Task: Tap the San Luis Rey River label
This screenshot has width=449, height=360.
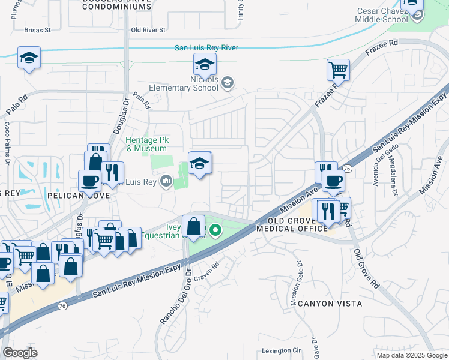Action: tap(206, 48)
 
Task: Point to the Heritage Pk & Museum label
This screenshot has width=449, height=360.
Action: tap(146, 145)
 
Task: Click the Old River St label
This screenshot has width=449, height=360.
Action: tap(148, 29)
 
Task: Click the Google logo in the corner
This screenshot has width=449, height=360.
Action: tap(20, 353)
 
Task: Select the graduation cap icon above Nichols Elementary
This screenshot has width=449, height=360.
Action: tap(205, 64)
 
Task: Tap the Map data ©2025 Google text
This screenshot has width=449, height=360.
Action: tap(411, 355)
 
